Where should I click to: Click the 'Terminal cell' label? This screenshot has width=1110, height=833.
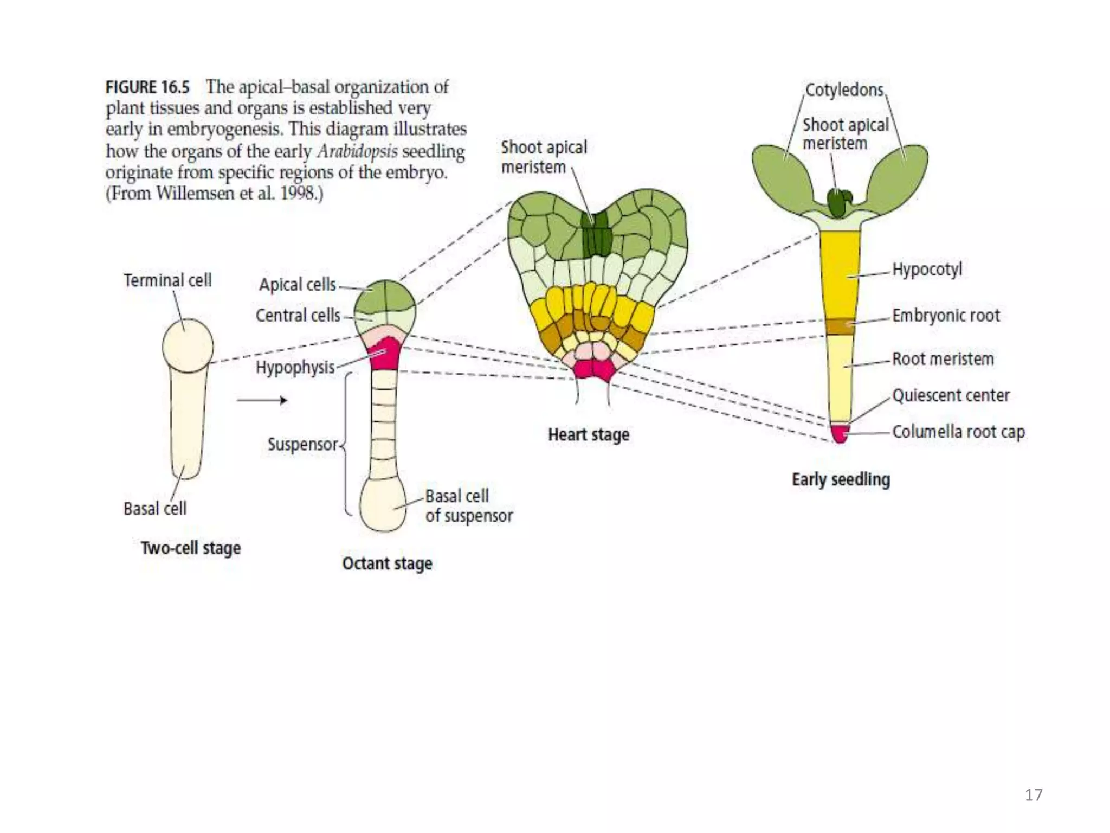[167, 280]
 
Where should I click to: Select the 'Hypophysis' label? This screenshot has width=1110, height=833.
[295, 367]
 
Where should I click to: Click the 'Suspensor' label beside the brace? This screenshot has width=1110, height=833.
[302, 444]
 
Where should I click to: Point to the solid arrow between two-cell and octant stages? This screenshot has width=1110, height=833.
[262, 401]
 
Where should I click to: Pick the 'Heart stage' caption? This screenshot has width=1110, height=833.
[589, 434]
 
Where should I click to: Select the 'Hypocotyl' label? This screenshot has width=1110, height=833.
[927, 269]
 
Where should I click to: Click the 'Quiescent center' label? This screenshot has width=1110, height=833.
[951, 395]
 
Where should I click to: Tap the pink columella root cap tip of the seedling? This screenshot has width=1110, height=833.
[840, 433]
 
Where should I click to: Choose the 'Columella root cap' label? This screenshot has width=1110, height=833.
[958, 432]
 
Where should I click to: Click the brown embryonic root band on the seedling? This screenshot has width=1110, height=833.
[840, 326]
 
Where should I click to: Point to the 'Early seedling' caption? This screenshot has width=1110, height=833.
[841, 479]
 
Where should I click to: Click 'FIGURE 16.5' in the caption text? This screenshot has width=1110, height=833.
[147, 87]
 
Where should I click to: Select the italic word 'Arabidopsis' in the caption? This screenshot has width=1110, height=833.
[357, 151]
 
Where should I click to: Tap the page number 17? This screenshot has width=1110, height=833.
[1033, 795]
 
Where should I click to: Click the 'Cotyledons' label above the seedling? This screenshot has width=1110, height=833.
[844, 90]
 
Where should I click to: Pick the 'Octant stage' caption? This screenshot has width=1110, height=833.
[387, 563]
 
